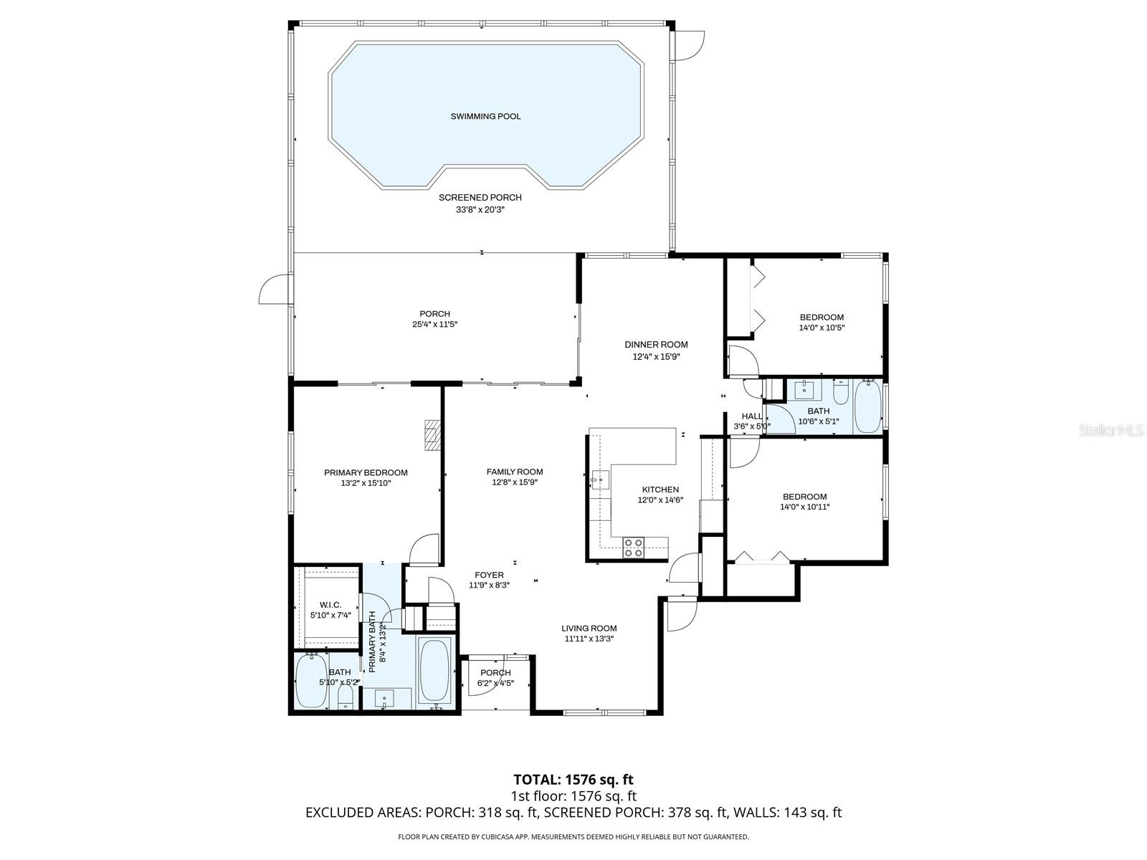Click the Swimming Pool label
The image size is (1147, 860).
click(485, 116)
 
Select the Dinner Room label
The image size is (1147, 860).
click(656, 345)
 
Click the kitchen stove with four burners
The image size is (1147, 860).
click(634, 548)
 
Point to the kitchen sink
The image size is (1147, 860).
click(600, 479)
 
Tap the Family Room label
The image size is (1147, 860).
click(514, 472)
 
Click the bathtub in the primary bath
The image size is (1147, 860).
click(434, 671)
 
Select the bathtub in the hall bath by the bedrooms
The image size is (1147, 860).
click(867, 407)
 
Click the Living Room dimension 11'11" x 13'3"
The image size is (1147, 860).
click(589, 639)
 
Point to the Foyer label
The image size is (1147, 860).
click(489, 575)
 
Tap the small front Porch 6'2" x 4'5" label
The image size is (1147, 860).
click(495, 673)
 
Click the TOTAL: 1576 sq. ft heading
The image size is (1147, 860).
click(573, 779)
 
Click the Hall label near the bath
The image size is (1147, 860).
click(751, 416)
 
